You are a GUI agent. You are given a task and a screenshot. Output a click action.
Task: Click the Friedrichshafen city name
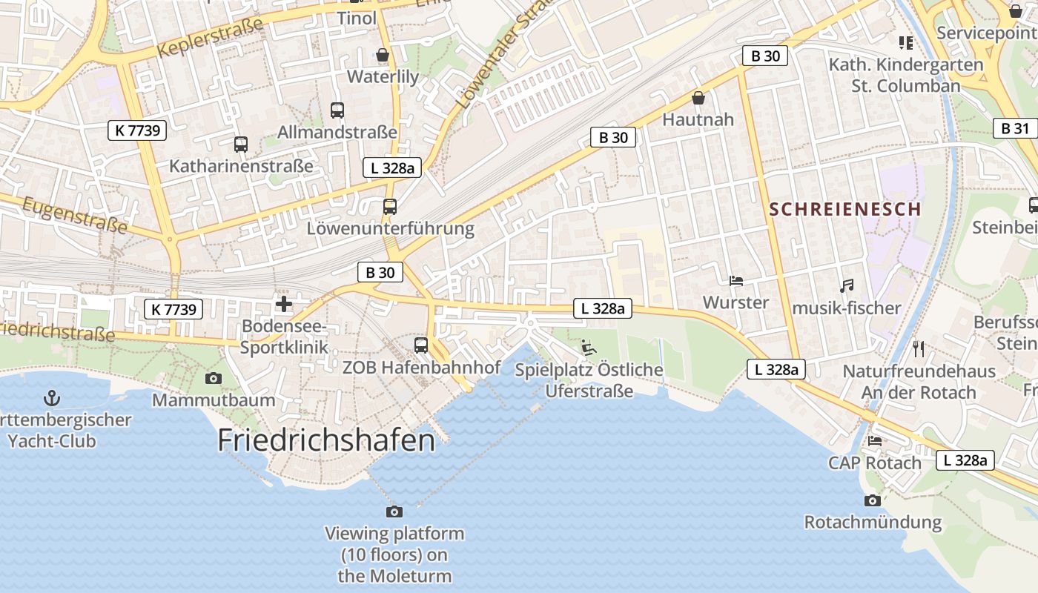tap(326, 440)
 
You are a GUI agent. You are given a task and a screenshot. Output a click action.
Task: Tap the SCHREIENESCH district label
tap(845, 209)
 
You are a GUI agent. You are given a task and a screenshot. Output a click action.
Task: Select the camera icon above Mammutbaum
tap(214, 379)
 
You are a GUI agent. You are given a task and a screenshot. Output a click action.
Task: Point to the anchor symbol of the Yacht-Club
tap(52, 398)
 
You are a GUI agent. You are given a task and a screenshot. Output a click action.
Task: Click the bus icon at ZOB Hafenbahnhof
tap(421, 345)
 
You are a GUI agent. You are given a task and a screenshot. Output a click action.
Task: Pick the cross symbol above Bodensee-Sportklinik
tap(284, 304)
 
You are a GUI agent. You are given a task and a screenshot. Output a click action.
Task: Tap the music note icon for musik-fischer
tap(846, 285)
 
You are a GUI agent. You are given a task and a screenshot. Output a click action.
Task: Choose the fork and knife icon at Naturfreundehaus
tap(919, 348)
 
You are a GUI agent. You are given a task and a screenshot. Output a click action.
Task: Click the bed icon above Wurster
tap(736, 281)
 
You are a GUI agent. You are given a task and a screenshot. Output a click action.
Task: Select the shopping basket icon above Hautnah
tap(698, 98)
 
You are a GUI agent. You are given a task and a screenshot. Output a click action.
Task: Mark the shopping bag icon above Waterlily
tap(383, 55)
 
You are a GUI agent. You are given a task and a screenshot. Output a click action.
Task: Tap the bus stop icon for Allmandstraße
tap(337, 110)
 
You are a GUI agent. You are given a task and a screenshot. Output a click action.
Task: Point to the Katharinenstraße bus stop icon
tap(241, 145)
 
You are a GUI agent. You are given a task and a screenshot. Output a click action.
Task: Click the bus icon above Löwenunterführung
tap(390, 207)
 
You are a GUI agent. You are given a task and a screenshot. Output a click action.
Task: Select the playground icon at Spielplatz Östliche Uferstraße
tap(589, 347)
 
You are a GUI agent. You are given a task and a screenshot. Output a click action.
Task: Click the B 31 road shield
tap(1015, 128)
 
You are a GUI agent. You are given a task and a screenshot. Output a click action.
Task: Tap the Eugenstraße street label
tap(74, 215)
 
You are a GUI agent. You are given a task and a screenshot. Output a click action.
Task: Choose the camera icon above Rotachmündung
tap(873, 500)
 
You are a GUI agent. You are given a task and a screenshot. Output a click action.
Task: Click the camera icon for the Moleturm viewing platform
tap(394, 511)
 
